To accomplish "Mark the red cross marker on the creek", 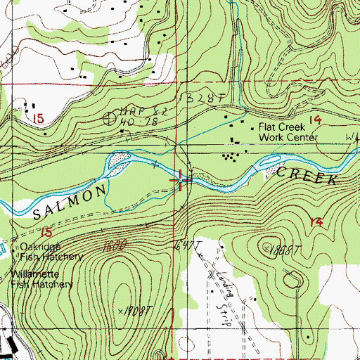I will coord(182,181).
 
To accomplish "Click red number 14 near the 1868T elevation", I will coord(316,222).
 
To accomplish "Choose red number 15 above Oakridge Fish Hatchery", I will coord(46,231).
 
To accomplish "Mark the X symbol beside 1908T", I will coord(121,310).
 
